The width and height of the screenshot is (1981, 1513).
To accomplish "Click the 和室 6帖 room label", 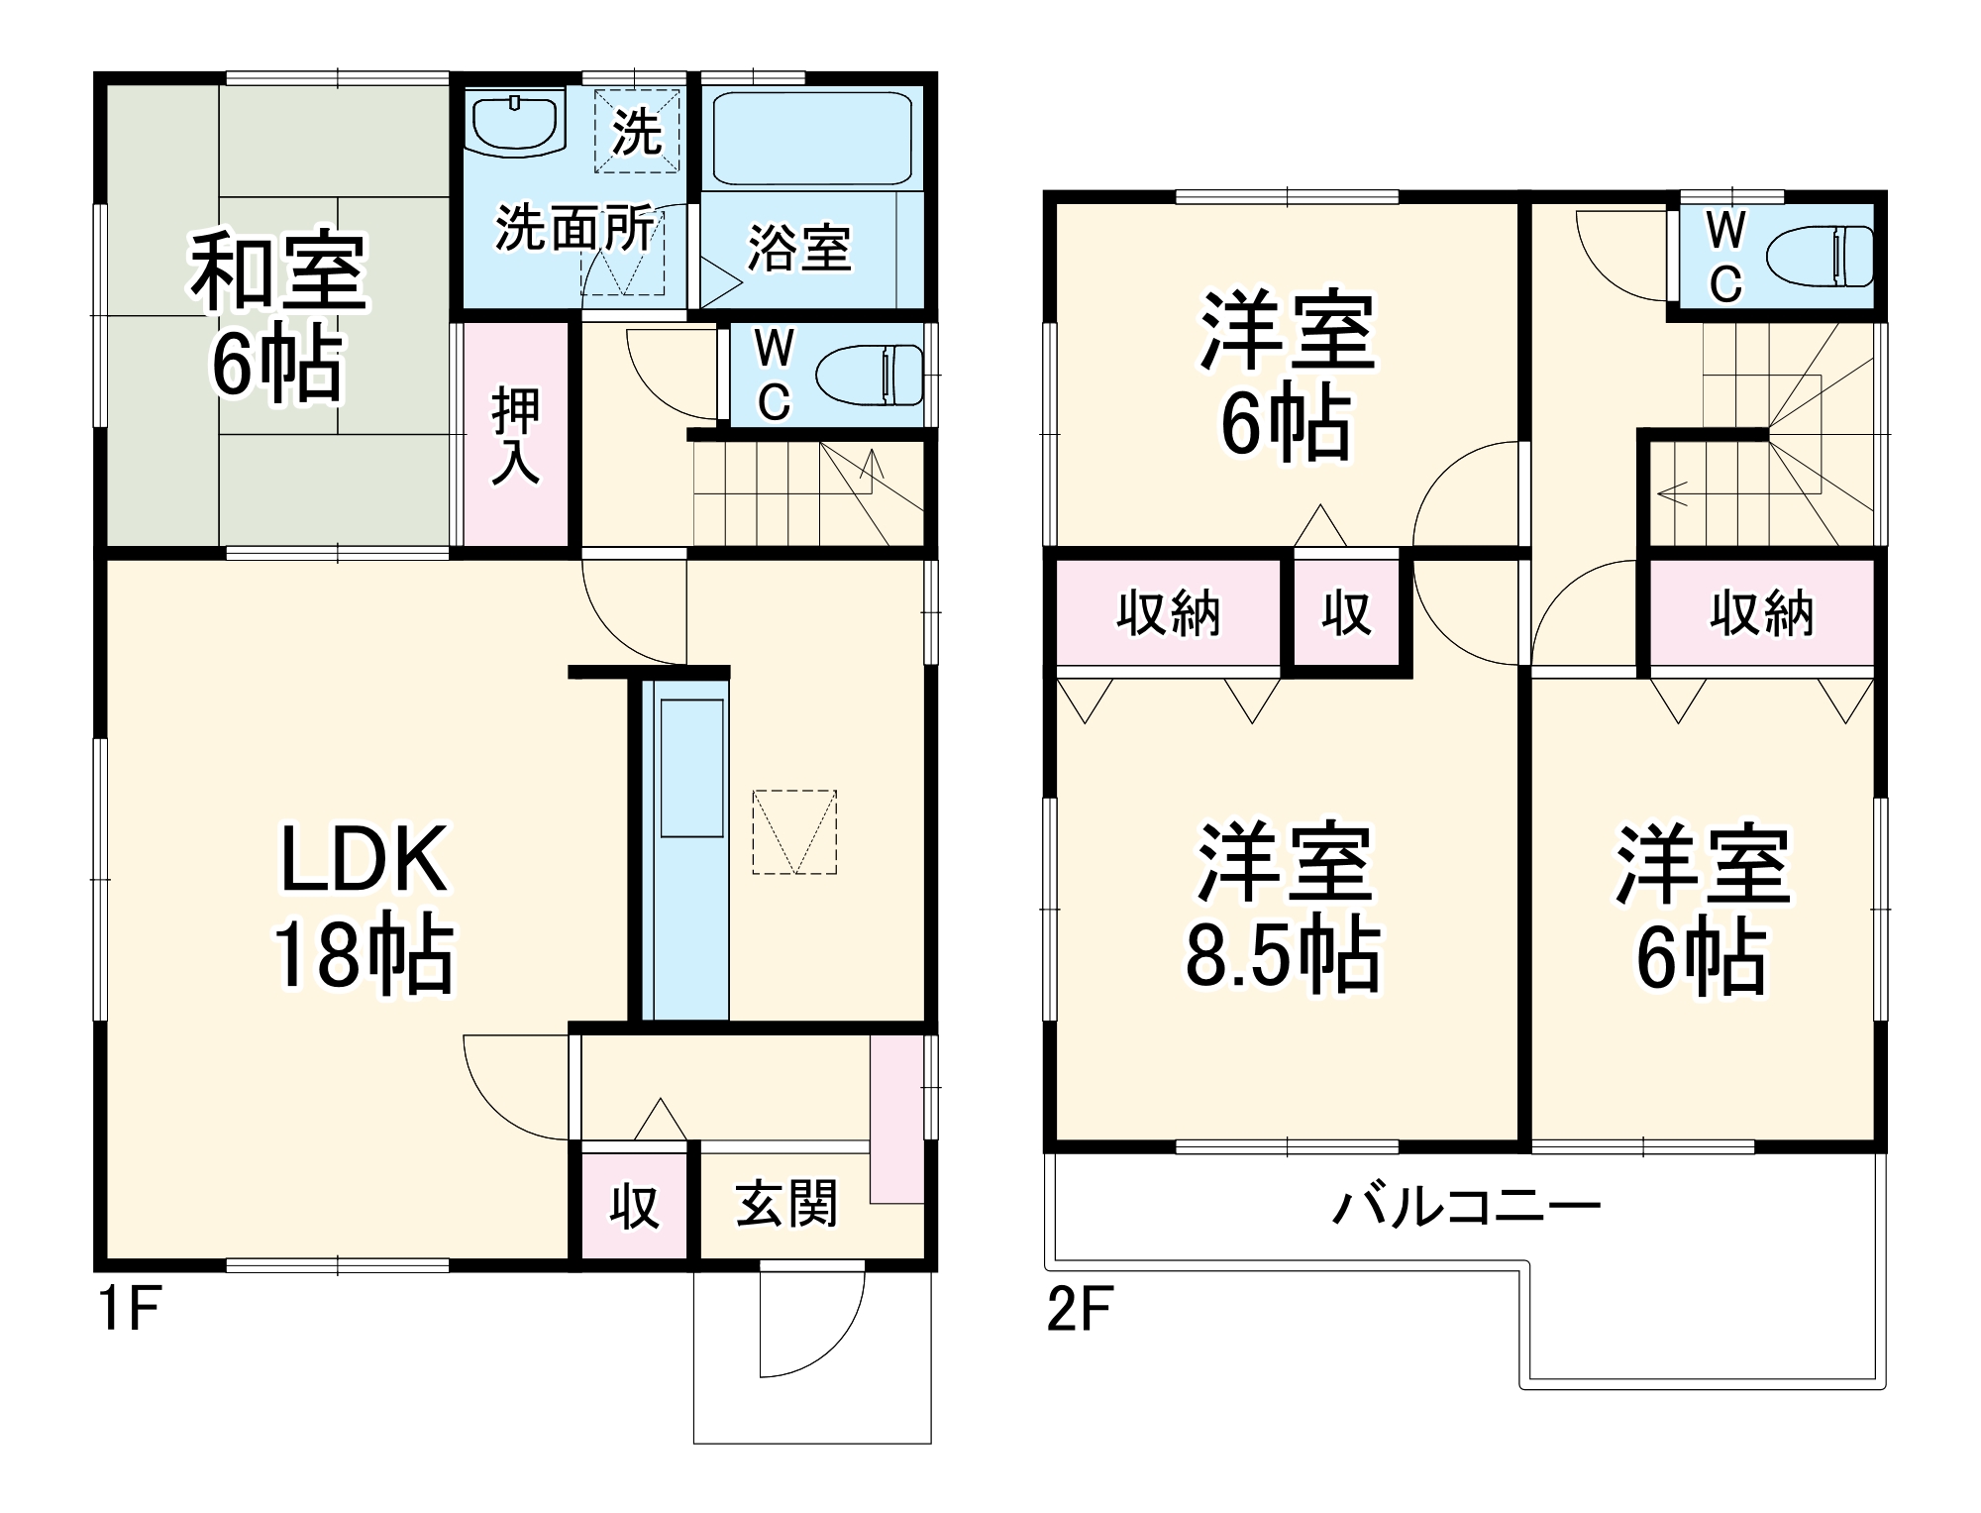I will tap(277, 317).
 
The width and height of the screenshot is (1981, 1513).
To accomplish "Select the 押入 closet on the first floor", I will tap(516, 436).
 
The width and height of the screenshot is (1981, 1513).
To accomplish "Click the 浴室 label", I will tap(798, 247).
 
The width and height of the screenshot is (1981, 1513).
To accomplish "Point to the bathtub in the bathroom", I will tap(812, 138).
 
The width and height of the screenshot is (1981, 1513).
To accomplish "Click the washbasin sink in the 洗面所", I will tap(514, 123).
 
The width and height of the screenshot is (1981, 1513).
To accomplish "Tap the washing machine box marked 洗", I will tap(637, 131).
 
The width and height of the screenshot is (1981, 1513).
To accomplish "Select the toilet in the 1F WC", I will tap(870, 376).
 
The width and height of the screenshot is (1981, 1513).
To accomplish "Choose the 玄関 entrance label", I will tap(786, 1204).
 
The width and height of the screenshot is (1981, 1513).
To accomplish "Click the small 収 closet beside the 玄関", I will tap(634, 1206).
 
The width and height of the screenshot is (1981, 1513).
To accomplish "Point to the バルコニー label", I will tap(1466, 1208).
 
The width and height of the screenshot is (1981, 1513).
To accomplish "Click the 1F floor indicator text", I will tap(129, 1310).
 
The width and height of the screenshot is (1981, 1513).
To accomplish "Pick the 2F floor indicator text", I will tap(1080, 1310).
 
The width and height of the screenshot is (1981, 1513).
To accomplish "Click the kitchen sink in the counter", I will tap(691, 768).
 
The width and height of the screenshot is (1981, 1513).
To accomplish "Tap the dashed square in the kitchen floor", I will tap(794, 831).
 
